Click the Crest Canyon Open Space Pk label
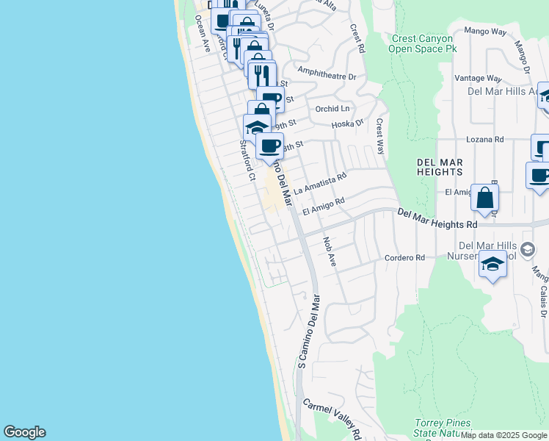coord(423,43)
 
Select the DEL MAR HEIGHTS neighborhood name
coord(440,166)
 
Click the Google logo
coord(24,432)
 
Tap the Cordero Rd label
coord(404,258)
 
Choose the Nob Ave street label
coord(329,251)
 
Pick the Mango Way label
coord(485,32)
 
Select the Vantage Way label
coord(478,78)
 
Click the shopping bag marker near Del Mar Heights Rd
coord(485,198)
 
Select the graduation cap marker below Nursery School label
coord(492,265)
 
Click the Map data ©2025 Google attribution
coord(504,435)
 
